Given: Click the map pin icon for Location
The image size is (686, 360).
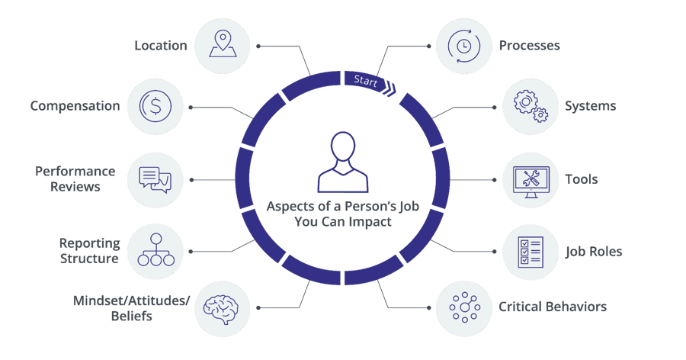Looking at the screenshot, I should coord(223,45).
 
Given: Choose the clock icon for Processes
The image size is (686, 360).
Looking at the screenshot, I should coord(463,45).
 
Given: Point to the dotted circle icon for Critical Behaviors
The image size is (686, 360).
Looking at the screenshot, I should coord(463,308).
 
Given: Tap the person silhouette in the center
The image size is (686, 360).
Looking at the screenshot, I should coord(343,162).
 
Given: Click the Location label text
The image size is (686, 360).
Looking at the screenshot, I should coord(161,46).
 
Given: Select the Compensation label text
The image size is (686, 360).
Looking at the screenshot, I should coord(75,106).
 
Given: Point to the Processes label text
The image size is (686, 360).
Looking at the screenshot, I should coord(529,46).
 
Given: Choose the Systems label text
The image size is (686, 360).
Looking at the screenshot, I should coord(590,106).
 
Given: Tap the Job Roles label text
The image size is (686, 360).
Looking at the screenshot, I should coord(594,251).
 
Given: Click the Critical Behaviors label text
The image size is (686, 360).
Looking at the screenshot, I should coord(553,307).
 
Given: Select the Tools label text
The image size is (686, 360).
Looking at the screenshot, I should coord(582,180).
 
